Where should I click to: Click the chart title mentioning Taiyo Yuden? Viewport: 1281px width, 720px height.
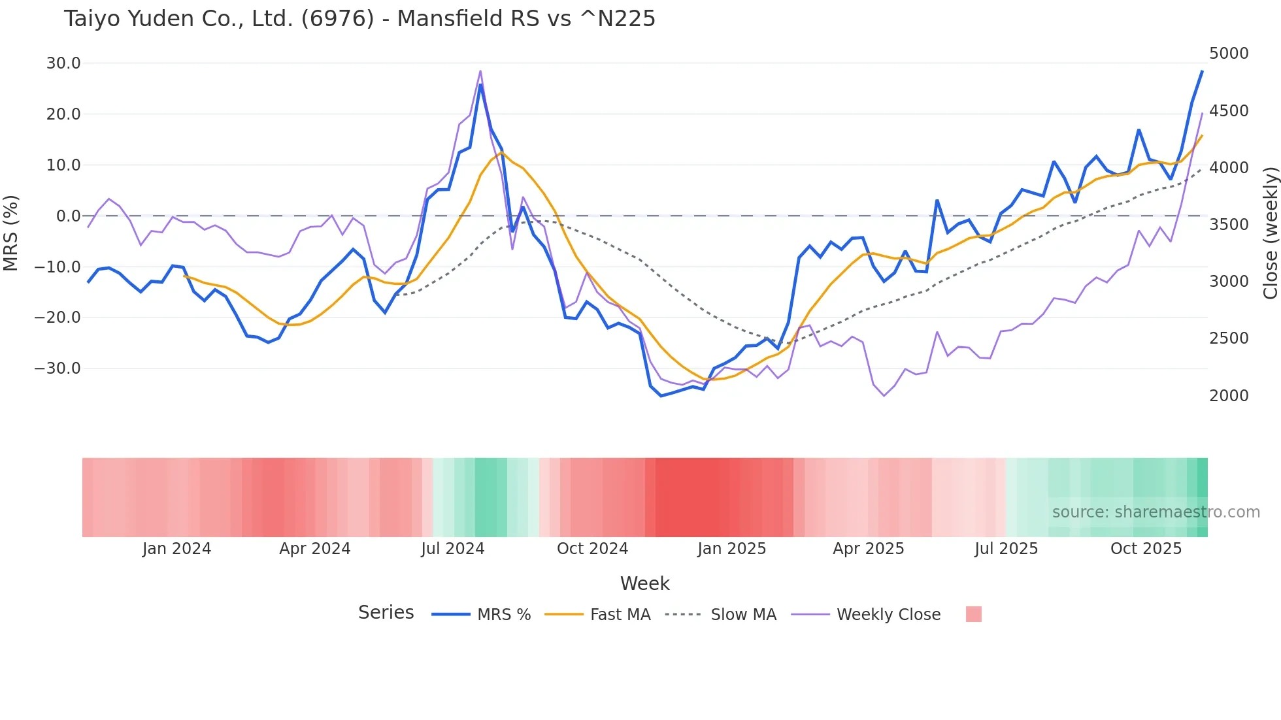coord(359,19)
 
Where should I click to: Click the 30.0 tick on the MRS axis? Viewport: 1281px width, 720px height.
coord(63,63)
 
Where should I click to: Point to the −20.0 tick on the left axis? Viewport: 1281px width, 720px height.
coord(58,318)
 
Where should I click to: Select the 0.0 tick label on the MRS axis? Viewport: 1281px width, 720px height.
coord(69,216)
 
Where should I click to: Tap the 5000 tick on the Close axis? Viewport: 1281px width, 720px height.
coord(1229,54)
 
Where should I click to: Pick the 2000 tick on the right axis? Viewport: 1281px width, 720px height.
coord(1229,395)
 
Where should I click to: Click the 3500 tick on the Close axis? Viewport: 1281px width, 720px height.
coord(1229,225)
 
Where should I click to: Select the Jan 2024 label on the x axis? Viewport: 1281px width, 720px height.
coord(176,549)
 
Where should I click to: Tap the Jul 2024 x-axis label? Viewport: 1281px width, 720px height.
coord(452,549)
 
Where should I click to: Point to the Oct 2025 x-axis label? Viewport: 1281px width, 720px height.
coord(1146,549)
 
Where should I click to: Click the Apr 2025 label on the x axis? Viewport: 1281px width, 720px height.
coord(868,549)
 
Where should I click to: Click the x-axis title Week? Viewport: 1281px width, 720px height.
coord(644,583)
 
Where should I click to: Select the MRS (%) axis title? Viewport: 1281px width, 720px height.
coord(11,233)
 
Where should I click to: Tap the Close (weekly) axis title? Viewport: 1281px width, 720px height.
coord(1270,233)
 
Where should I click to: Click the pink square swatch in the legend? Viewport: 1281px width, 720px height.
coord(973,614)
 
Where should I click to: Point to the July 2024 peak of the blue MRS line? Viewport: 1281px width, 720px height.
coord(480,85)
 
